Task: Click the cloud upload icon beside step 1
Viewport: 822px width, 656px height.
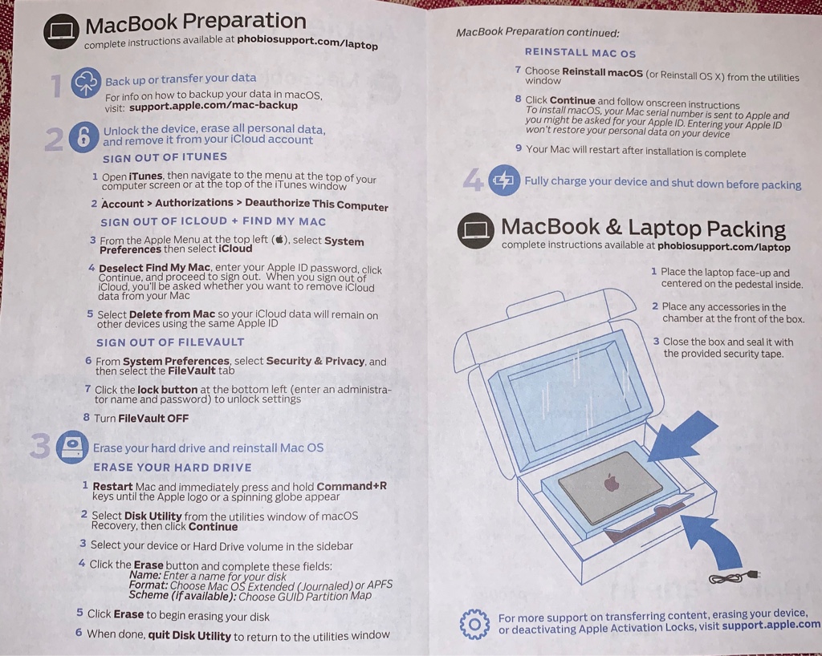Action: coord(86,82)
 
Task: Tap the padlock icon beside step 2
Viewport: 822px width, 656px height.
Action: coord(83,137)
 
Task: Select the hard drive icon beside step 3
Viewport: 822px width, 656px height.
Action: coord(72,447)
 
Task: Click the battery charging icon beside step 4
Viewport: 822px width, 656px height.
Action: coord(504,180)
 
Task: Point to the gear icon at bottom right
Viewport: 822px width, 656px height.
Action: coord(474,624)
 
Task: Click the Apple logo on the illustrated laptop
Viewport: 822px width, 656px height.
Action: coord(611,482)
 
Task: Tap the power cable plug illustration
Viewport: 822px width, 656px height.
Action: coord(733,577)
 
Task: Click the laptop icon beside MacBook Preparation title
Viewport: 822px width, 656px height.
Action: coord(61,31)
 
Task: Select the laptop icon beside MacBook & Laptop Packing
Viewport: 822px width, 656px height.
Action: coord(476,230)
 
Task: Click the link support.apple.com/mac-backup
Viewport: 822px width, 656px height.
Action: coord(214,106)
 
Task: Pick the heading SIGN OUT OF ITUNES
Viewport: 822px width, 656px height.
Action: coord(165,157)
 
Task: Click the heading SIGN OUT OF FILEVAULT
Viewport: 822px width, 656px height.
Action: coord(170,342)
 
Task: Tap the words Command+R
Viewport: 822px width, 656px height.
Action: coord(352,486)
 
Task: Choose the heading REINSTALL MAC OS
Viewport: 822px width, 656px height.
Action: coord(580,52)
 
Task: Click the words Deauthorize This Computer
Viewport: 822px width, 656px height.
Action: coord(316,204)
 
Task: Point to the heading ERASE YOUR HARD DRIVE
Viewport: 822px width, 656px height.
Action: coord(173,467)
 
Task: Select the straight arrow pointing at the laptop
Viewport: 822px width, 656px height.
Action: coord(682,437)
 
